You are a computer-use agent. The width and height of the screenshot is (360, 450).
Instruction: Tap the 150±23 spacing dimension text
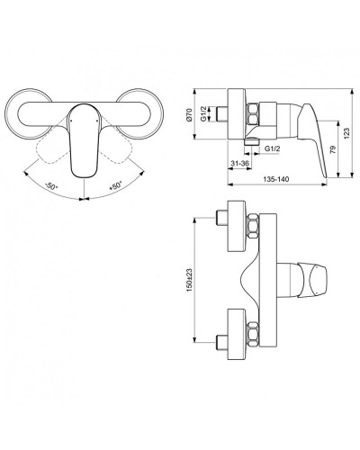coord(188,277)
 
